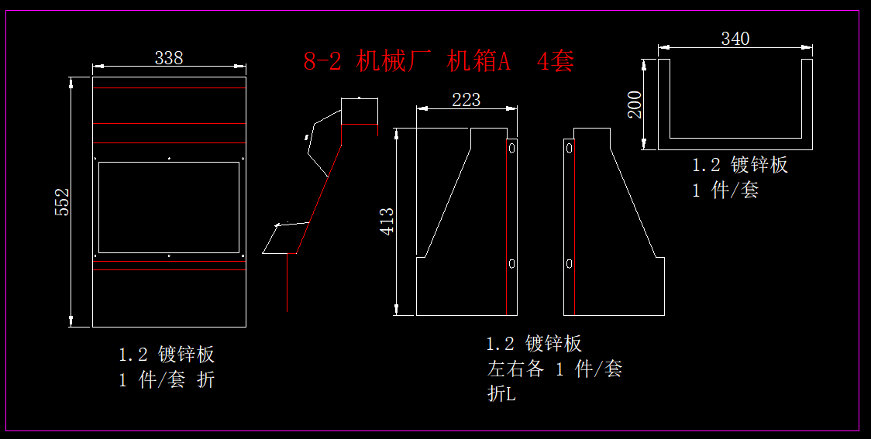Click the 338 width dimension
[169, 58]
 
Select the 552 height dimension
[63, 201]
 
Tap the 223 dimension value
[466, 100]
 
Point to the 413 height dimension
[387, 221]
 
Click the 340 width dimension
[735, 39]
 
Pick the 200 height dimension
[635, 104]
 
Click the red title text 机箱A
[478, 62]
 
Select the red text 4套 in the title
[556, 62]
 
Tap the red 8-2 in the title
[322, 62]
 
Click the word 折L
[501, 394]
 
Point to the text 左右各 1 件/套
[554, 369]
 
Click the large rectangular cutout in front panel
[169, 207]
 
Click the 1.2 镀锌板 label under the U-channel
[739, 165]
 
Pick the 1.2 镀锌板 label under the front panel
[167, 355]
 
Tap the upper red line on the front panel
[169, 143]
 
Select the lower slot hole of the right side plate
[569, 264]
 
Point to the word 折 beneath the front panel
[205, 380]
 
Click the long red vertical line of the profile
[287, 283]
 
